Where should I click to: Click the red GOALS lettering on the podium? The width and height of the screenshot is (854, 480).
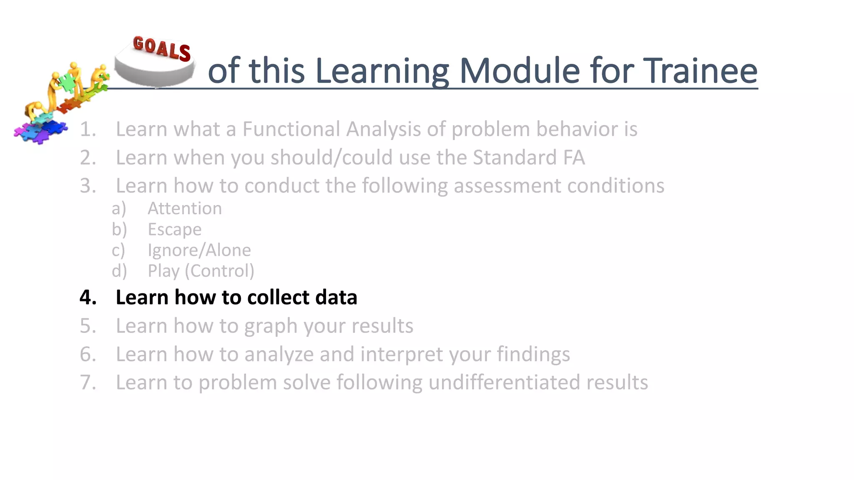[162, 48]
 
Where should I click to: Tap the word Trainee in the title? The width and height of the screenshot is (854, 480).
[700, 71]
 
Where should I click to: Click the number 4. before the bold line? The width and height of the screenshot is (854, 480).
[88, 297]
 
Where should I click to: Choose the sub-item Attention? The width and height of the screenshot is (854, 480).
[185, 208]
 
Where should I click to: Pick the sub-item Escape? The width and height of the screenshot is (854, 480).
[174, 230]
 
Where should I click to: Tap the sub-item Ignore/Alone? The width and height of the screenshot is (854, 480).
[199, 250]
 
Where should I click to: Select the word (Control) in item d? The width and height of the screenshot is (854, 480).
[219, 271]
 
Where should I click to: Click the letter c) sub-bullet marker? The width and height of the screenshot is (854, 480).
[118, 250]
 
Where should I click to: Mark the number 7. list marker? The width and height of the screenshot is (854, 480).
[88, 382]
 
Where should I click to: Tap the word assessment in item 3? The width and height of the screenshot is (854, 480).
[507, 186]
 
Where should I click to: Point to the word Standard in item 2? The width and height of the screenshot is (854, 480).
[515, 158]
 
